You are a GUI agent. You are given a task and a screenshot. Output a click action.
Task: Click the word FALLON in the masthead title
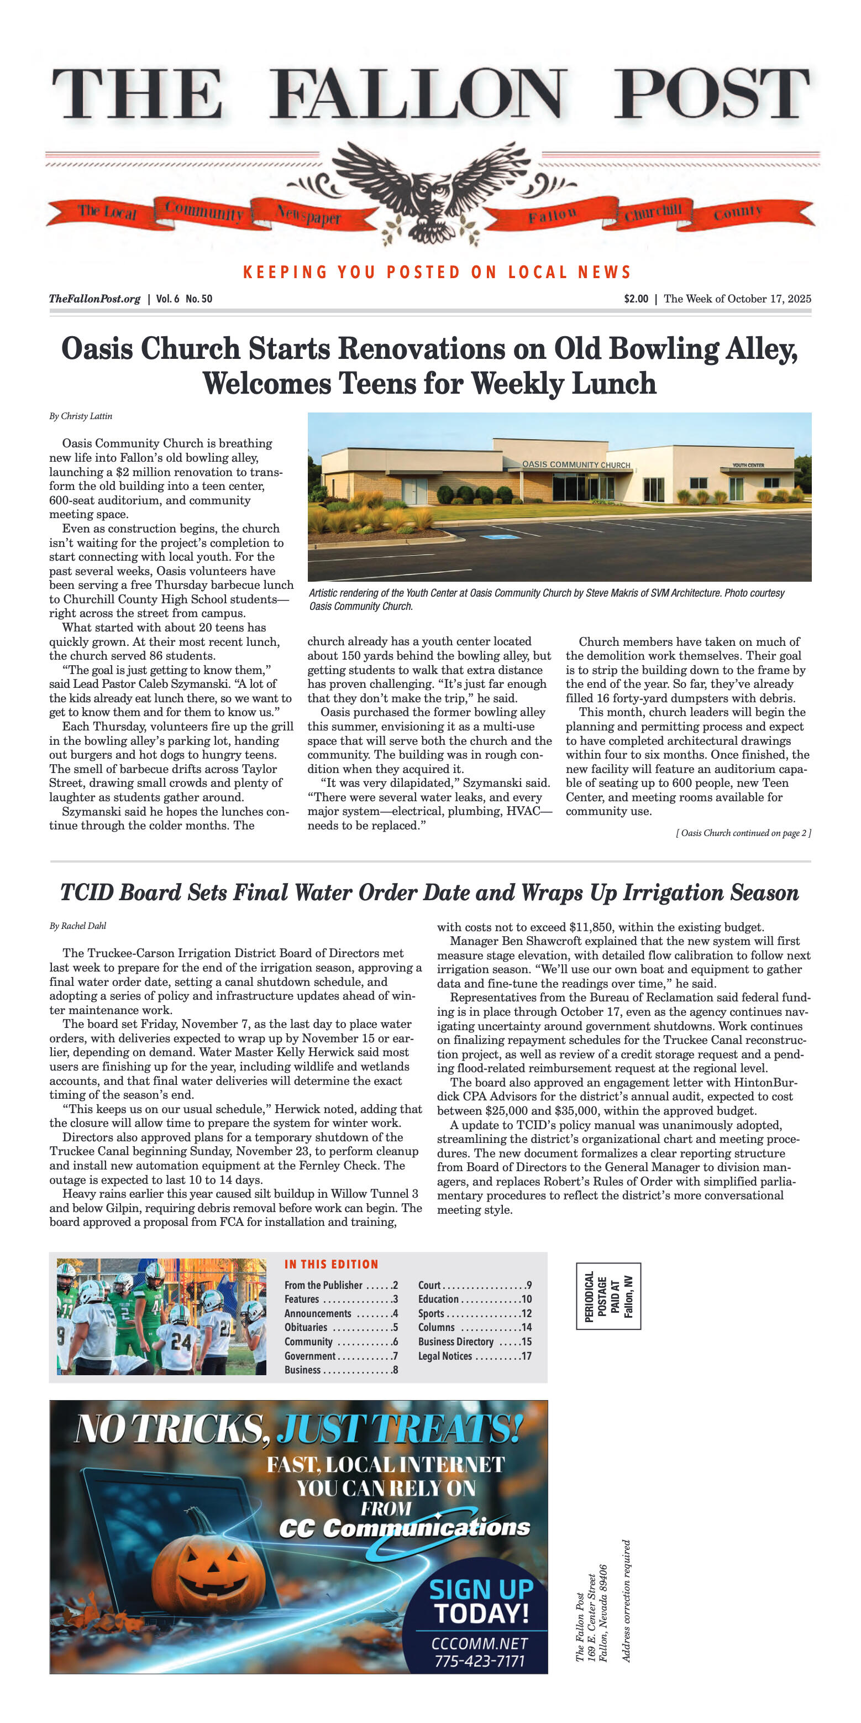point(418,95)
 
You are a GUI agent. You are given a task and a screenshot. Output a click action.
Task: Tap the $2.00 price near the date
point(636,299)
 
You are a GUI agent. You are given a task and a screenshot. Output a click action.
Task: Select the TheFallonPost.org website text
point(95,299)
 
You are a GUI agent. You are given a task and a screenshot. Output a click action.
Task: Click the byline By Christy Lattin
point(80,416)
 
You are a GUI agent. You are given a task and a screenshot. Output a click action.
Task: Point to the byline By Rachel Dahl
point(77,926)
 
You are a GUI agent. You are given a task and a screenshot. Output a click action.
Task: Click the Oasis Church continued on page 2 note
point(743,833)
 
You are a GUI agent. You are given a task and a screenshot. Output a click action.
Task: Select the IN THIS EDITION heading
point(331,1264)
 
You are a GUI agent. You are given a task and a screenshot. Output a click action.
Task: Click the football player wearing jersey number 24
point(179,1340)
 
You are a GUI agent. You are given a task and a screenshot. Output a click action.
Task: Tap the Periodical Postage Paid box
point(608,1296)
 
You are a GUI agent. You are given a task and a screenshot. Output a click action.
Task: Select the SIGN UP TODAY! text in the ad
point(481,1601)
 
